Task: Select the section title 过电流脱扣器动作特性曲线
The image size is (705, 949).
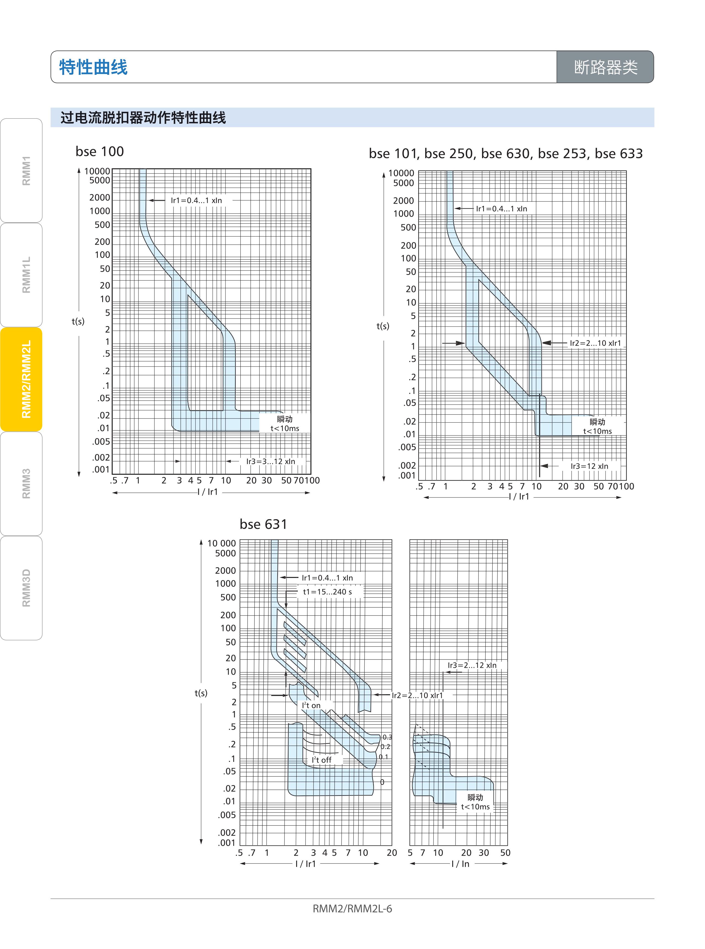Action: (143, 118)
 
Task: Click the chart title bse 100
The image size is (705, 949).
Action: (99, 151)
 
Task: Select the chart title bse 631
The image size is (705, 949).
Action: (263, 524)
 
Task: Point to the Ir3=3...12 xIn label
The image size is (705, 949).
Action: (270, 461)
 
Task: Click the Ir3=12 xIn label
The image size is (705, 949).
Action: (589, 466)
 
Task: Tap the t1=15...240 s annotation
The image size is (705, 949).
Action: (327, 592)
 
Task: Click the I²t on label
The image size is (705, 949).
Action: (311, 706)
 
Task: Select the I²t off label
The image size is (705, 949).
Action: (321, 760)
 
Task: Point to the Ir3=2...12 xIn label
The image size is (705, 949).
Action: (472, 665)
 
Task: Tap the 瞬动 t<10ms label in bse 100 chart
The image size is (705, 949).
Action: (285, 424)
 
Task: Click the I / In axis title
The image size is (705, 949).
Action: (460, 864)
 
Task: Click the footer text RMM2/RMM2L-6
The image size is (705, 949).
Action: (352, 908)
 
